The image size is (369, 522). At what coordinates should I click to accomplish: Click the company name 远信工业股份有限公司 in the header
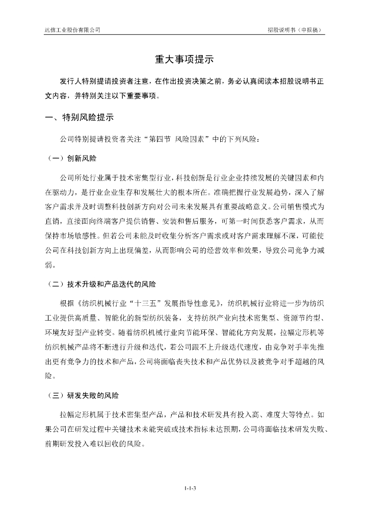[72, 30]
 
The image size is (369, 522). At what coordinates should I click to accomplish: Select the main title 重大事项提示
[184, 60]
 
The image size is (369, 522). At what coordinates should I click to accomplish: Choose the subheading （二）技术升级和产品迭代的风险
[101, 283]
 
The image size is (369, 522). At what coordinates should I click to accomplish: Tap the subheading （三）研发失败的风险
[83, 396]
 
